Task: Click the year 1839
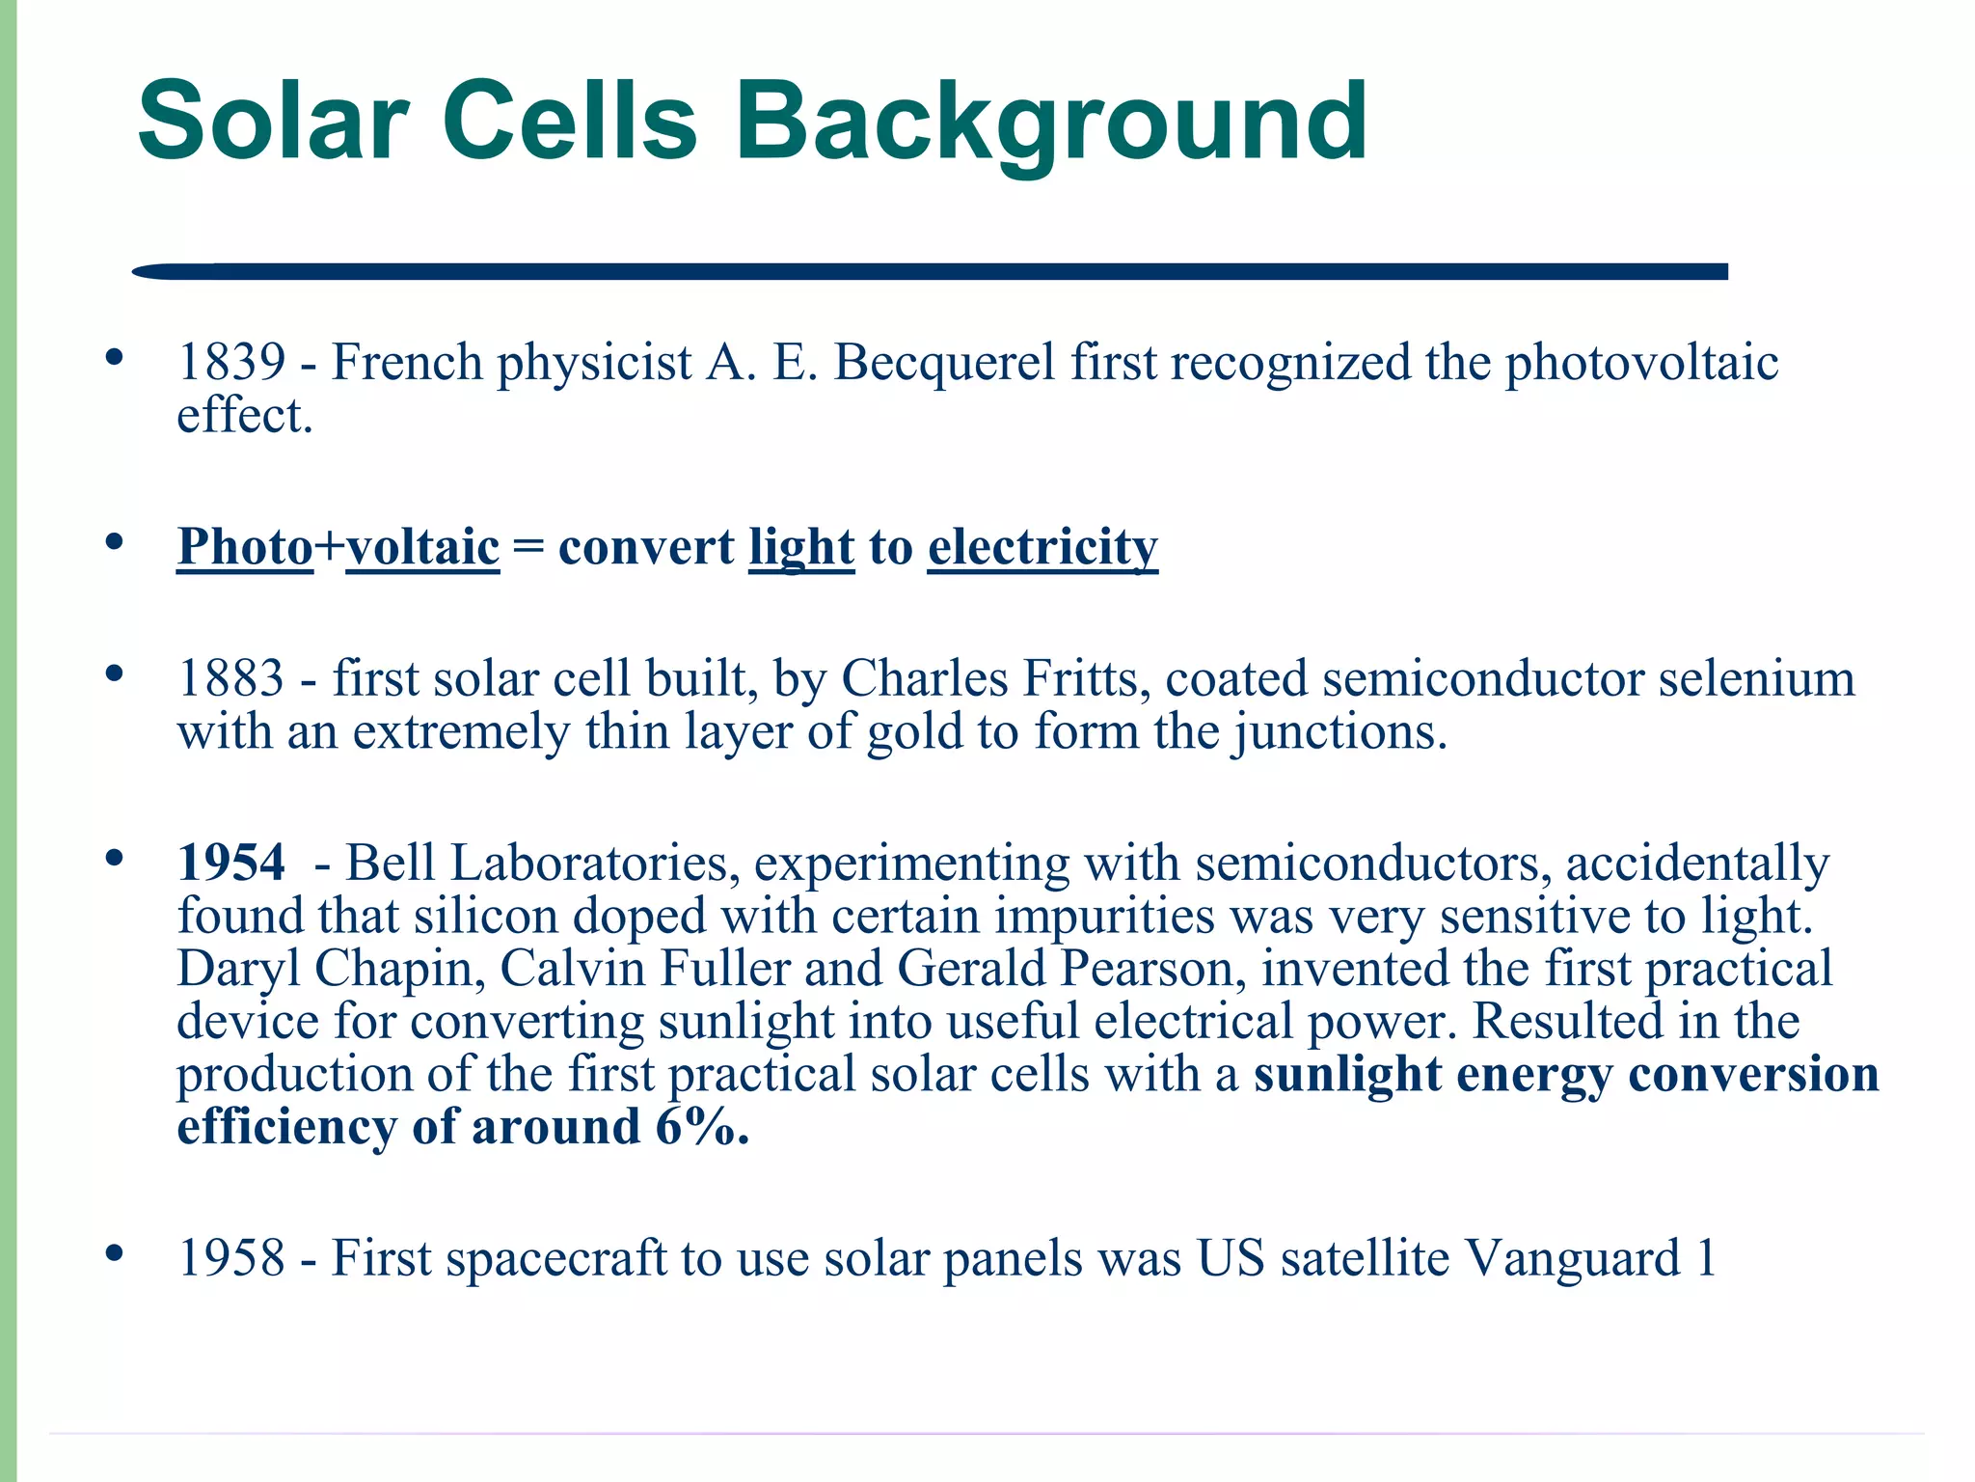pyautogui.click(x=231, y=364)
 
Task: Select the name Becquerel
pyautogui.click(x=944, y=364)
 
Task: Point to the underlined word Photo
pyautogui.click(x=245, y=547)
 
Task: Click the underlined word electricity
pyautogui.click(x=1042, y=547)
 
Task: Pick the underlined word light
pyautogui.click(x=801, y=547)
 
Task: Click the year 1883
pyautogui.click(x=231, y=679)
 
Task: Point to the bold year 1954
pyautogui.click(x=231, y=863)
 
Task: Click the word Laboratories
pyautogui.click(x=589, y=863)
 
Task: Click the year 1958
pyautogui.click(x=231, y=1259)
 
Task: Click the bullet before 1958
pyautogui.click(x=115, y=1253)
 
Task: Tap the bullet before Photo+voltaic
pyautogui.click(x=115, y=541)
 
